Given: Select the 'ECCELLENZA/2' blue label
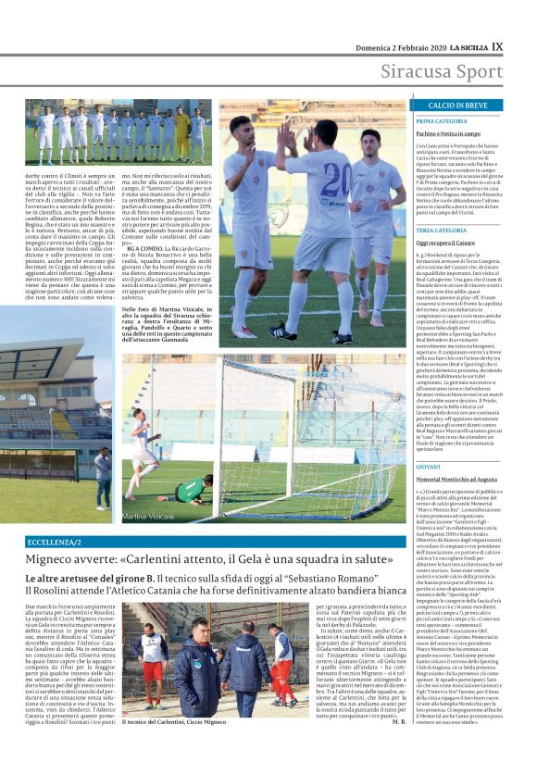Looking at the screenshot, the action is [x=54, y=541].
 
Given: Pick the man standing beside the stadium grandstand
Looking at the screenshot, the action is [x=104, y=478].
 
